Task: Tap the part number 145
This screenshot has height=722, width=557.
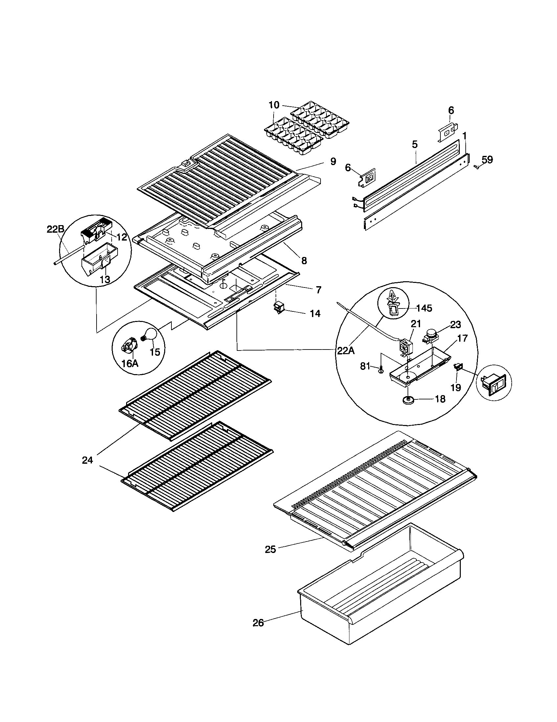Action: click(424, 308)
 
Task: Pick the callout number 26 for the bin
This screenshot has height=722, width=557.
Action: click(258, 623)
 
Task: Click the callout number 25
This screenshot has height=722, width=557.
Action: click(270, 549)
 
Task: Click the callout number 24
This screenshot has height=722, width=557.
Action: click(87, 460)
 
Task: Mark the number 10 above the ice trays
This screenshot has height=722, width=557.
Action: click(274, 105)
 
